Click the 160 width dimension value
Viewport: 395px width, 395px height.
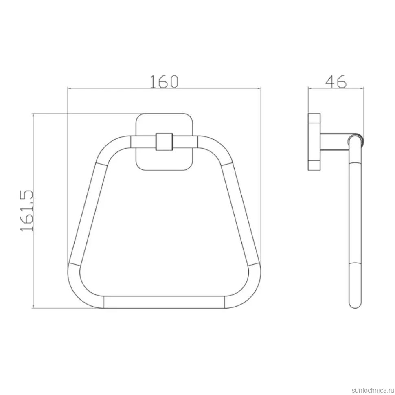[x=164, y=81]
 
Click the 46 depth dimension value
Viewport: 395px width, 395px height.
[x=336, y=81]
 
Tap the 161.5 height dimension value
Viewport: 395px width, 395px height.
[x=27, y=211]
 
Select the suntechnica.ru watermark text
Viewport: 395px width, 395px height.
[x=373, y=390]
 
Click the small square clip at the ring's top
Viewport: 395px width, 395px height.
[x=164, y=142]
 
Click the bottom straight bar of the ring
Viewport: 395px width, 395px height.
[x=164, y=302]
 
